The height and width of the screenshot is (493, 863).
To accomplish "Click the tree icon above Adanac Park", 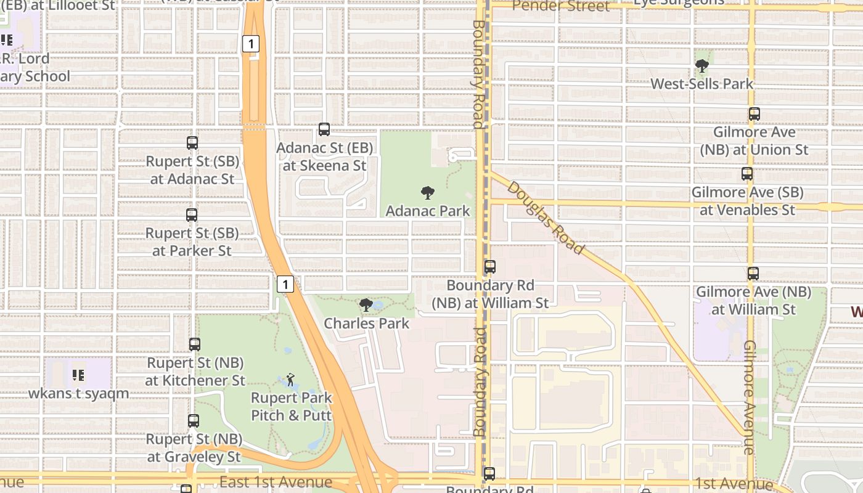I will [427, 193].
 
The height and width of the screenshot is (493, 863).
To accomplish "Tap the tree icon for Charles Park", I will [366, 305].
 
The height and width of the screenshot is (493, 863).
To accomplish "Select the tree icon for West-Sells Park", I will [701, 66].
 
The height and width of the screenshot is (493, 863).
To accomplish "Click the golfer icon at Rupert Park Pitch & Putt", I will [290, 380].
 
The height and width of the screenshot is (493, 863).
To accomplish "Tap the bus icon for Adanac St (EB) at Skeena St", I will [324, 129].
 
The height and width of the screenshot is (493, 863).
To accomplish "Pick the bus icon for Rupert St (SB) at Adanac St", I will [192, 143].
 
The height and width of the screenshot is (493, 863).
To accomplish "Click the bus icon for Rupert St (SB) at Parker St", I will [192, 215].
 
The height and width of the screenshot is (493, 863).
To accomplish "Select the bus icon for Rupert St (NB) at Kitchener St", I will [195, 344].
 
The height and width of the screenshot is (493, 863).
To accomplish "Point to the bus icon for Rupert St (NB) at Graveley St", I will [194, 421].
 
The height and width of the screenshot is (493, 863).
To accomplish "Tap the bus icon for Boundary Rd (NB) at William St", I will [490, 267].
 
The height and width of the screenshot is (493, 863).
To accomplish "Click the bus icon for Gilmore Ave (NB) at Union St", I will [755, 114].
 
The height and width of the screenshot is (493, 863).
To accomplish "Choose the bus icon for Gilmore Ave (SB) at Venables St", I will [747, 174].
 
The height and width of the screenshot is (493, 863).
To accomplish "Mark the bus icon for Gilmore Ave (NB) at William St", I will [753, 274].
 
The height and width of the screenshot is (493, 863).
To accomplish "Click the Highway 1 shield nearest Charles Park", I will [285, 284].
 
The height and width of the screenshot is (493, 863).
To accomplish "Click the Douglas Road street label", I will [545, 218].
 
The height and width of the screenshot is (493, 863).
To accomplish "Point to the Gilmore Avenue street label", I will [749, 397].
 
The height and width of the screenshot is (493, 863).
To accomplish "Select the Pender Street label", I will [560, 6].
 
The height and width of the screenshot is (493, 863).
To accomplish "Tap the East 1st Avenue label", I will [276, 482].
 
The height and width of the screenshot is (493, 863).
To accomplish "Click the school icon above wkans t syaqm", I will [78, 375].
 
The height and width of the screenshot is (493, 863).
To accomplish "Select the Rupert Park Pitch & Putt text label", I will [292, 407].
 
